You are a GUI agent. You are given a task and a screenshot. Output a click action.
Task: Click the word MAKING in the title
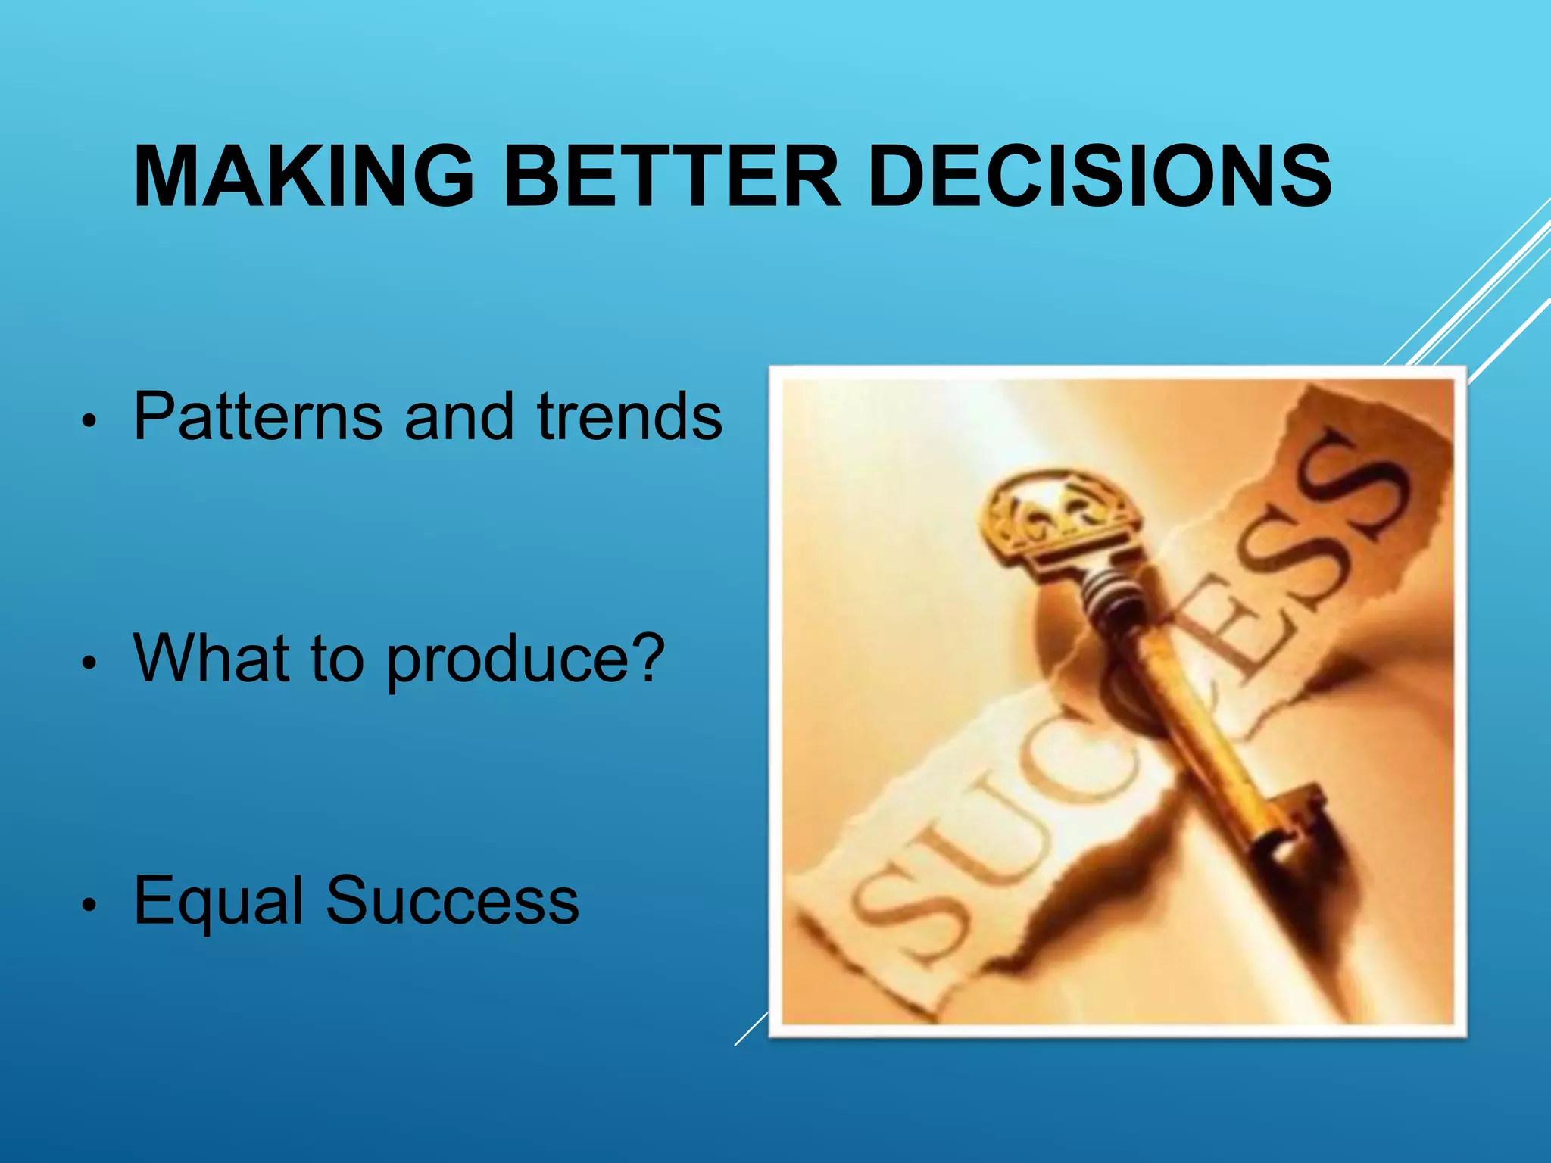(303, 176)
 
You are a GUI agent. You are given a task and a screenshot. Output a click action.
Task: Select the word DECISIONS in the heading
(1100, 176)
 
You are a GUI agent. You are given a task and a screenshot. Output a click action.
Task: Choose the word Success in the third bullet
(452, 901)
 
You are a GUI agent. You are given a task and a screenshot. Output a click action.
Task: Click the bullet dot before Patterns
(89, 421)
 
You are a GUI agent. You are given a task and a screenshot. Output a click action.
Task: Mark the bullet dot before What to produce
(89, 663)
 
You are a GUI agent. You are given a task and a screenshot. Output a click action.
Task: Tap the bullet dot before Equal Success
(89, 905)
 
